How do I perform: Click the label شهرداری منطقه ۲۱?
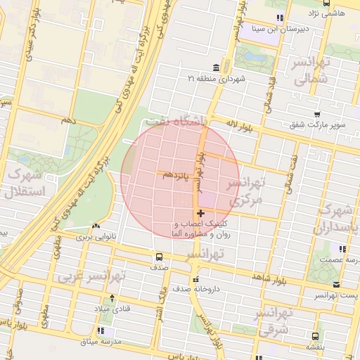click(x=214, y=79)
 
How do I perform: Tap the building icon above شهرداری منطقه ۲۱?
click(x=214, y=67)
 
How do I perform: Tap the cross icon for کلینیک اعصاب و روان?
click(x=201, y=213)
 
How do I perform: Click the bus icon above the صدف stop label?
click(x=158, y=257)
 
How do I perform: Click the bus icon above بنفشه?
click(x=314, y=336)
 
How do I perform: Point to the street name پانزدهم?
click(x=175, y=173)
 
